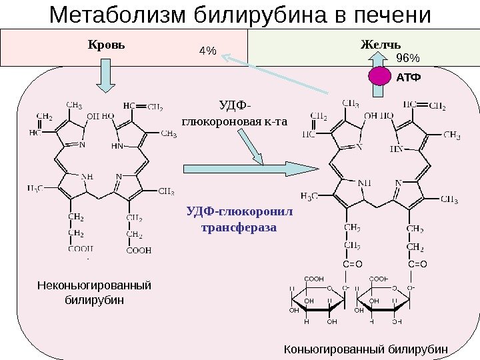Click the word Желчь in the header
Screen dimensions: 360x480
tap(380, 46)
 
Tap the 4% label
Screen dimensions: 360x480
tap(209, 51)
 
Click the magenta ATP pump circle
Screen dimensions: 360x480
tap(381, 77)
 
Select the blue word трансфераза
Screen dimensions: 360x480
tap(238, 228)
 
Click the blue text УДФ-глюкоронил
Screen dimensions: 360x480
tap(239, 211)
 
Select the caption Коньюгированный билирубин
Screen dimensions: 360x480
tap(367, 349)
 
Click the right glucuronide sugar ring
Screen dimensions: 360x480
tap(382, 301)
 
